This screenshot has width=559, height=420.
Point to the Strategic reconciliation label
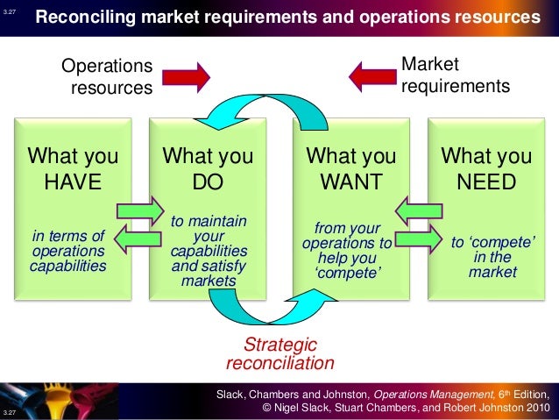(279, 353)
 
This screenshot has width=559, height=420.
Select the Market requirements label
(453, 76)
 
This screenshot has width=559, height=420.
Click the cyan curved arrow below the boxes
(264, 311)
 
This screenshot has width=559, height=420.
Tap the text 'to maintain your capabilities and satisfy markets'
(209, 251)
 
